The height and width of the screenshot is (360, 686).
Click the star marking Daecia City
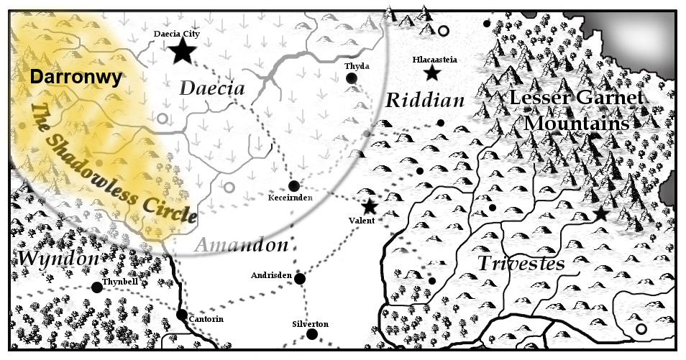point(182,50)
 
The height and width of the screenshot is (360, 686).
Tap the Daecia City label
point(177,33)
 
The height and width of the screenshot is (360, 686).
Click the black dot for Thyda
point(352,78)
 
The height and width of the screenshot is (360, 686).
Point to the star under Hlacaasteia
point(432,73)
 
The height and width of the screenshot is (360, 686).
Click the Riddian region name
point(425,100)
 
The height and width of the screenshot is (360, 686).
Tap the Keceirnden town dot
point(294,185)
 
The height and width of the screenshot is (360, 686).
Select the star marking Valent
point(370,206)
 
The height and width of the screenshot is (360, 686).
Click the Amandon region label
point(241,245)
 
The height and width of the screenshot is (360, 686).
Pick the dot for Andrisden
point(300,279)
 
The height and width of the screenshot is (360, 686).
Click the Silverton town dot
point(311,334)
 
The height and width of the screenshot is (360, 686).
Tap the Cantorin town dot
point(182,315)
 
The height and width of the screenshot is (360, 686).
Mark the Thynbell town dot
point(97,287)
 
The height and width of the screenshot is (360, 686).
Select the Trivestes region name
point(521,263)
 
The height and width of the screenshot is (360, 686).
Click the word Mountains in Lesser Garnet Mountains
point(576,123)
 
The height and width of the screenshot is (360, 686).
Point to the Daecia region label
point(212,89)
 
